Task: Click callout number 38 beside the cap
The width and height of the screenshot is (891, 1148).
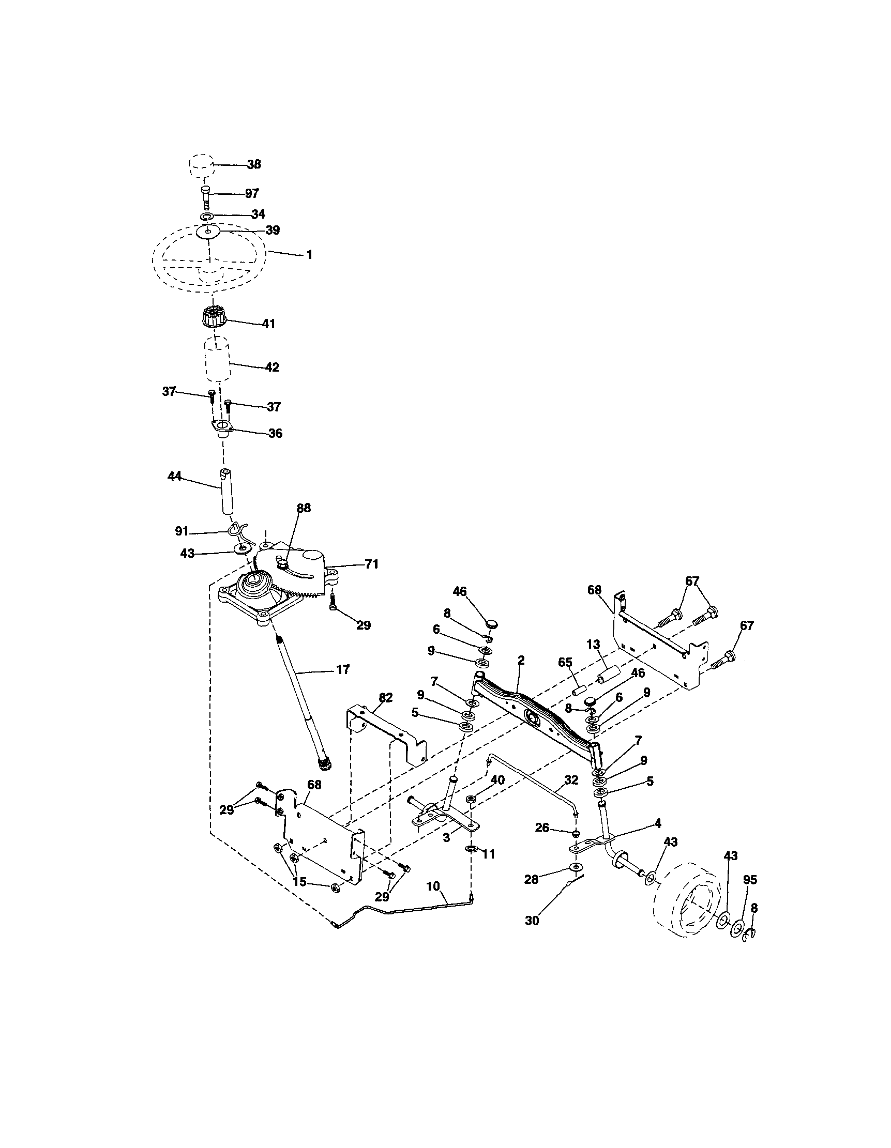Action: click(x=254, y=164)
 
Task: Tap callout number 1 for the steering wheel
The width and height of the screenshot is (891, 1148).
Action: click(x=309, y=255)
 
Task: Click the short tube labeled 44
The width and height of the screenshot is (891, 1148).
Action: click(x=226, y=492)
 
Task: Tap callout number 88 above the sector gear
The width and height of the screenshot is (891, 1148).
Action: click(x=304, y=508)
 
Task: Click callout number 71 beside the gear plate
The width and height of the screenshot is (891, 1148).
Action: click(x=372, y=564)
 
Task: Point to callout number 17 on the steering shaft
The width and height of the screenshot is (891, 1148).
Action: click(x=342, y=670)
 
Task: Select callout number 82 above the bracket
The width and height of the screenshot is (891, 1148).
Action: click(x=386, y=697)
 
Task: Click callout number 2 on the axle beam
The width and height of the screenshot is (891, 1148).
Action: click(x=521, y=661)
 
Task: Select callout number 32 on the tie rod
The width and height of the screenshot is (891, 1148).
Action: click(x=571, y=780)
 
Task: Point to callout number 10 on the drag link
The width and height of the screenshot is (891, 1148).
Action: click(x=433, y=886)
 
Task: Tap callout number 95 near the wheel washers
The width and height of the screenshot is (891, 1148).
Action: click(x=750, y=879)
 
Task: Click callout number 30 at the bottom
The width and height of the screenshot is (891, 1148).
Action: click(x=532, y=921)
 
